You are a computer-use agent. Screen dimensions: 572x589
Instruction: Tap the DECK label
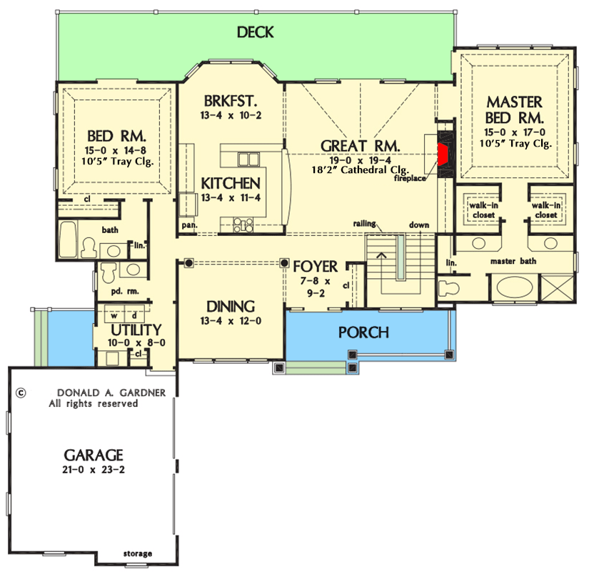point(255,32)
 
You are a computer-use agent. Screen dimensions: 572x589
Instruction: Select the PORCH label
point(363,332)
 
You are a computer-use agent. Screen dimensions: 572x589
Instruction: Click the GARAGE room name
point(94,455)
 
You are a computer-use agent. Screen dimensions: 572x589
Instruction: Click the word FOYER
point(316,267)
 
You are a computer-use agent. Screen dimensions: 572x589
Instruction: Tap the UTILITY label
point(136,330)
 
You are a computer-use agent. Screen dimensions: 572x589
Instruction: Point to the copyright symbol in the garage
point(21,393)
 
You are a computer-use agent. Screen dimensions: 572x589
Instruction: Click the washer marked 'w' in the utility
point(114,315)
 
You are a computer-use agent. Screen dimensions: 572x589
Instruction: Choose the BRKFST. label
point(230,100)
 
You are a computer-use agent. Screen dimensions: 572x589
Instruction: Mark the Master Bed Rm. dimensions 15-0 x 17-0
point(514,132)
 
